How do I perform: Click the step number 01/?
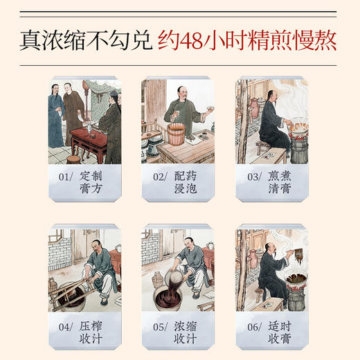click(x=64, y=177)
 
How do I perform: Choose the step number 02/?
click(x=160, y=177)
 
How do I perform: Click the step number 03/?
click(x=253, y=177)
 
